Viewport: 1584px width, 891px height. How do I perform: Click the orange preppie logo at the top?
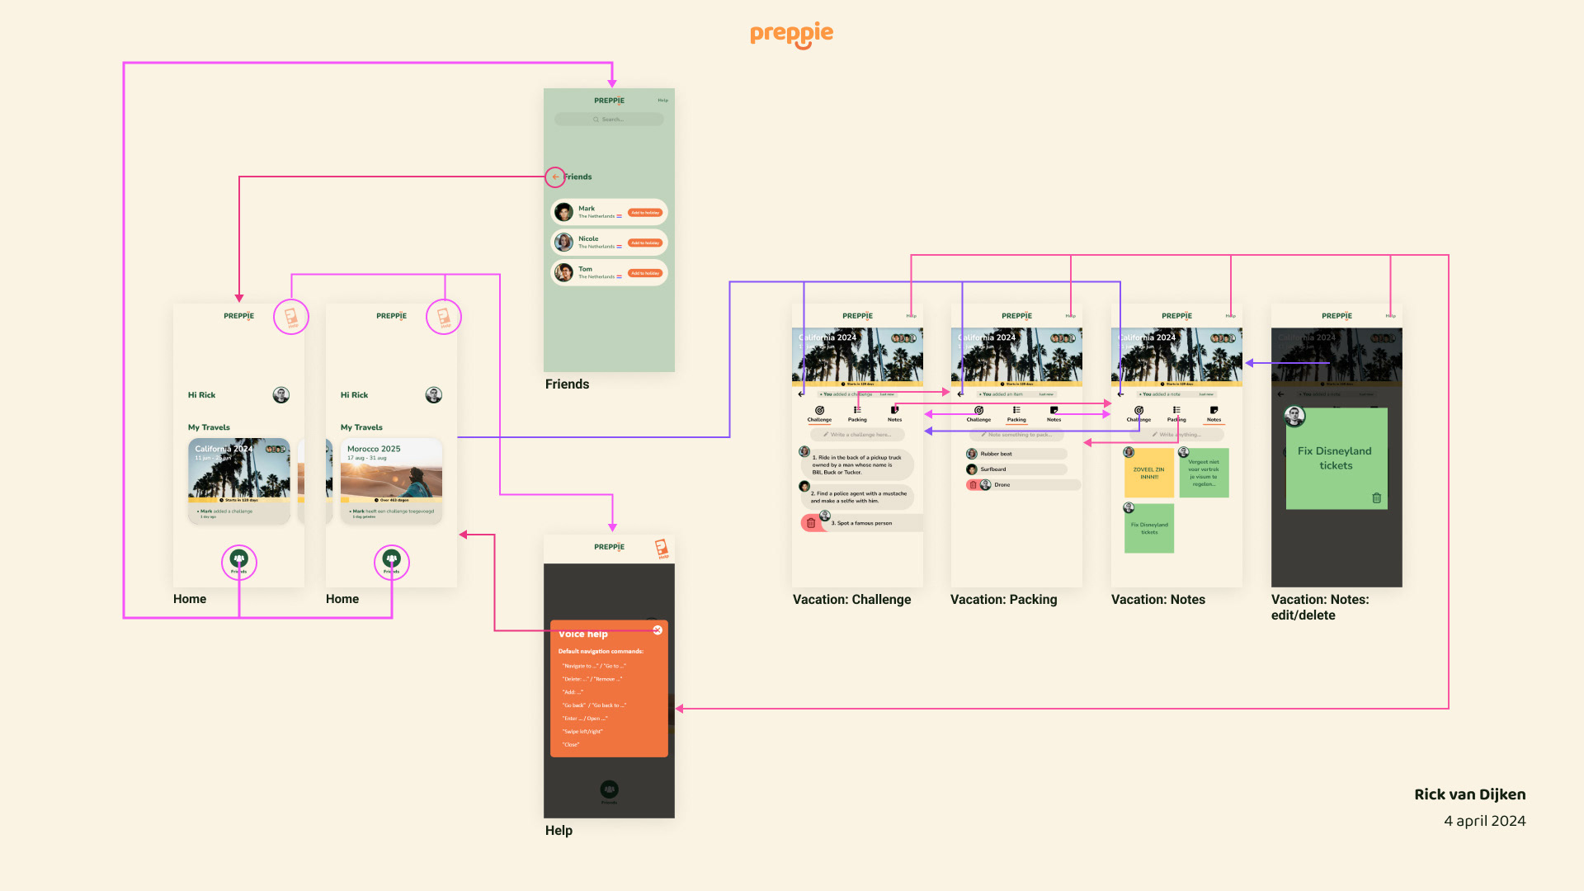[x=791, y=34]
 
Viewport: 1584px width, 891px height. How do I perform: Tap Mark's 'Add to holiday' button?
[x=645, y=213]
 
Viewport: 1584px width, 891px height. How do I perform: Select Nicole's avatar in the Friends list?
[x=563, y=243]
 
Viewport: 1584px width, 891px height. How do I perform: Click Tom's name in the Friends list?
[x=585, y=269]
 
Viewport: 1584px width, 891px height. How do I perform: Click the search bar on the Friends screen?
[x=609, y=120]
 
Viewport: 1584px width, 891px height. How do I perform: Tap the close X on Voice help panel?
[x=658, y=630]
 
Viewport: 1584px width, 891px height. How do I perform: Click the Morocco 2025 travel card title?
[x=374, y=449]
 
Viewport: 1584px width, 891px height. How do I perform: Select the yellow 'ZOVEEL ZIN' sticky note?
[x=1148, y=474]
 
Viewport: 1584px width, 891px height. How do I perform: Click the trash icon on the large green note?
[x=1376, y=497]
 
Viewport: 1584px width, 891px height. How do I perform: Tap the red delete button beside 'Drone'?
[x=973, y=485]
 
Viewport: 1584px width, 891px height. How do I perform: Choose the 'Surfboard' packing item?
[x=993, y=469]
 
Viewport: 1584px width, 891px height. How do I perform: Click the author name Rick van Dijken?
[x=1469, y=794]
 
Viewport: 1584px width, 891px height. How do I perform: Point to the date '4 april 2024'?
[x=1484, y=821]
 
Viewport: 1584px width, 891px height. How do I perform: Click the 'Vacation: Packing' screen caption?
[x=1003, y=600]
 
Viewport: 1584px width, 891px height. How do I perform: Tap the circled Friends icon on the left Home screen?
[x=239, y=561]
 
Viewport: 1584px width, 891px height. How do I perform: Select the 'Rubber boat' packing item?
[x=996, y=454]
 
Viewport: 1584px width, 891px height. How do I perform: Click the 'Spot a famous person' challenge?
[x=861, y=523]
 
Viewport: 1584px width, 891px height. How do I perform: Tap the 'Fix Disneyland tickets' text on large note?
[x=1335, y=458]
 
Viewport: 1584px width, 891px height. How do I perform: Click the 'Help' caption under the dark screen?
[x=559, y=831]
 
